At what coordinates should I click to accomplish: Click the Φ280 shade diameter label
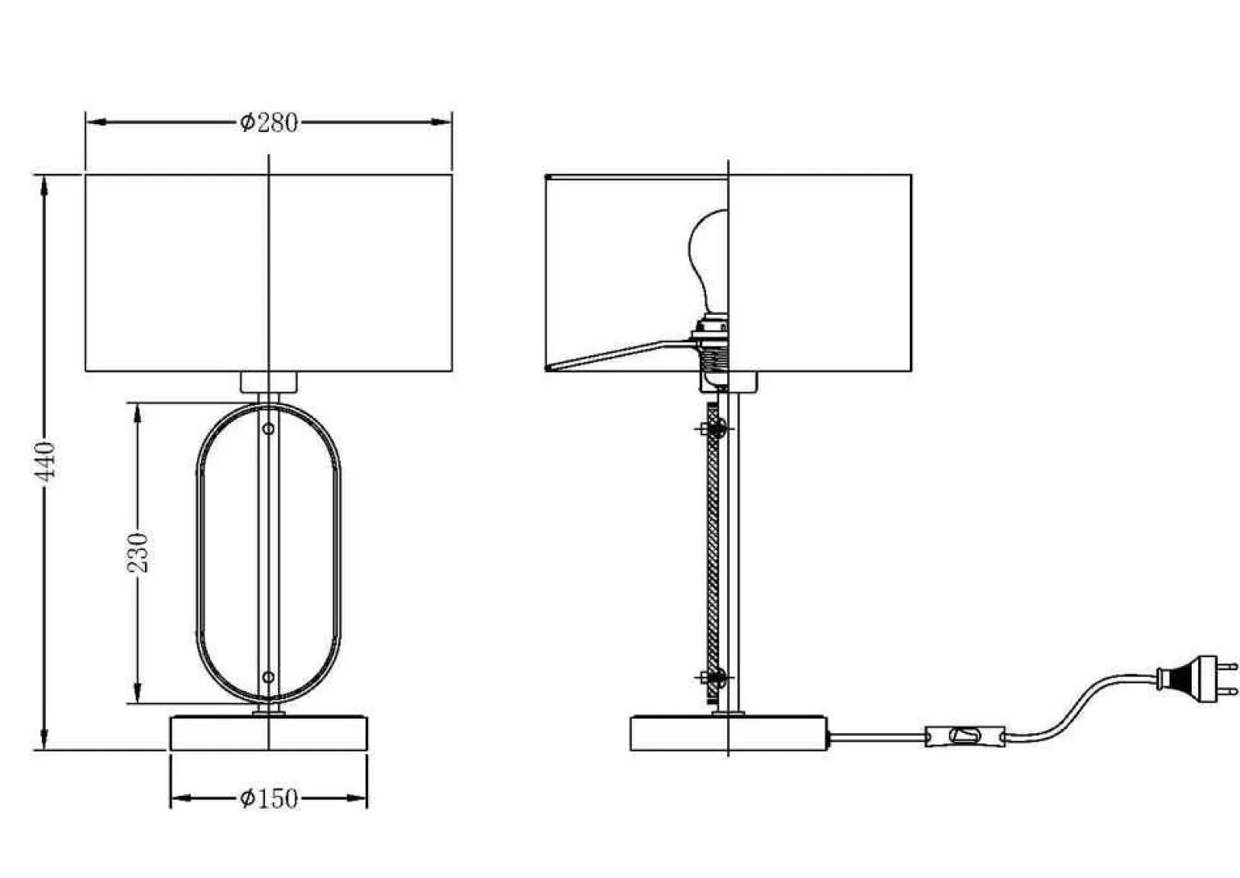point(269,122)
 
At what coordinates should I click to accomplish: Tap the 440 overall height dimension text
point(45,462)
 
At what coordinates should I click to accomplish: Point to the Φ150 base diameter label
point(269,798)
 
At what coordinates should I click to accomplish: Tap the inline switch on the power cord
point(965,735)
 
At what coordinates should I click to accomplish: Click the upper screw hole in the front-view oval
point(268,429)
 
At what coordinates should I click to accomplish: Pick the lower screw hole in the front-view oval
point(268,677)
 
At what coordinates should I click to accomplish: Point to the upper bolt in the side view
point(714,429)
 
